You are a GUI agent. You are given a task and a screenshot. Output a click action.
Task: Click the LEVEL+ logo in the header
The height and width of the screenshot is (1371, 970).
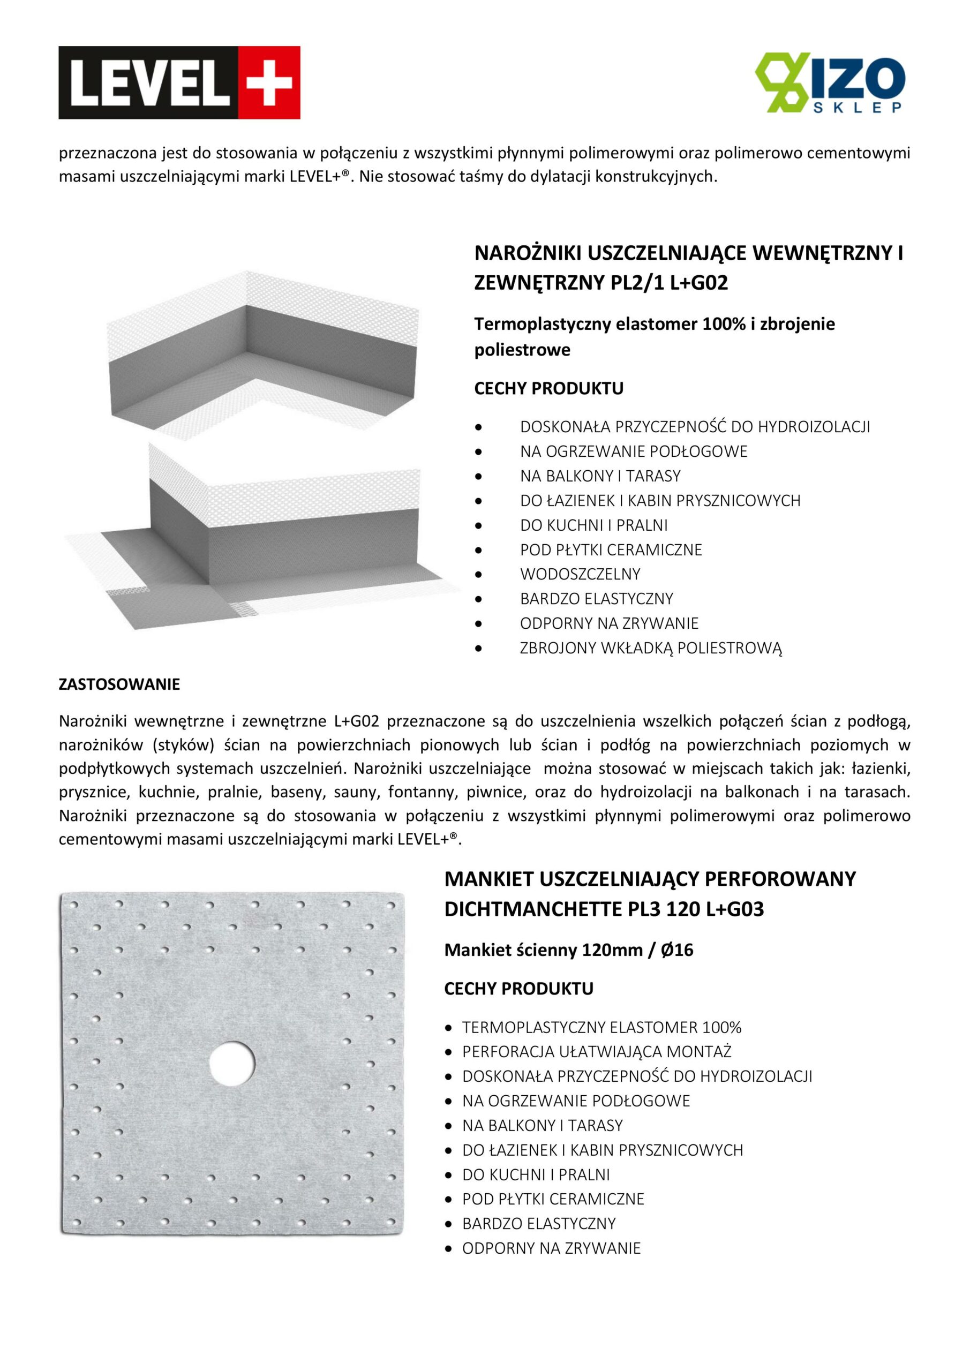coord(179,82)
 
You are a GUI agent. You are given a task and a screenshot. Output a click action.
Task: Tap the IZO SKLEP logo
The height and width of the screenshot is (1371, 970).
coord(830,83)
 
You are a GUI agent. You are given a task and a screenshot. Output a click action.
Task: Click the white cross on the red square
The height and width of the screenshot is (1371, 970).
coord(269,82)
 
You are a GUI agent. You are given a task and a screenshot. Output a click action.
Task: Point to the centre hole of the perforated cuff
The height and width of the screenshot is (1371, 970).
coord(232,1064)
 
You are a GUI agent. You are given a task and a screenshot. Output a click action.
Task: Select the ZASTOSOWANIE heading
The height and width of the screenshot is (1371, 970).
coord(119,684)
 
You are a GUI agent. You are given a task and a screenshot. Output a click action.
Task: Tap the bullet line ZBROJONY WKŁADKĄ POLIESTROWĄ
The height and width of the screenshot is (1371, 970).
coord(650,648)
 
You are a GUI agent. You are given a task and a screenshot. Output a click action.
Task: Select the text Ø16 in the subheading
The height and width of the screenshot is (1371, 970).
coord(676,950)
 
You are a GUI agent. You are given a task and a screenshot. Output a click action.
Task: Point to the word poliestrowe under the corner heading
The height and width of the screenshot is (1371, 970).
coord(522,350)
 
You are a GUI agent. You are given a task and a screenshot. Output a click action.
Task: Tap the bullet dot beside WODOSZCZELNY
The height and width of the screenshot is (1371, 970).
coord(478,575)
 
